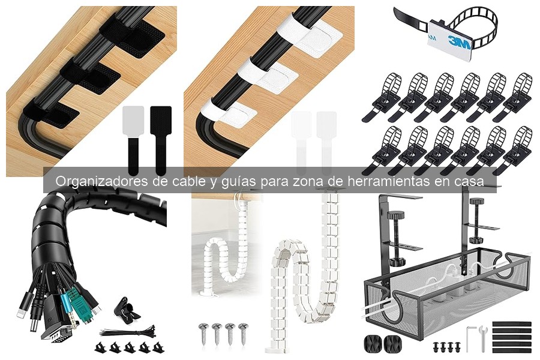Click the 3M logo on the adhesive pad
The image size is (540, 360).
click(x=458, y=43)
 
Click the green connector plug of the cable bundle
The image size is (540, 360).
click(x=73, y=298)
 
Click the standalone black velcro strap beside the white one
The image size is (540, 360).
click(x=160, y=132)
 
